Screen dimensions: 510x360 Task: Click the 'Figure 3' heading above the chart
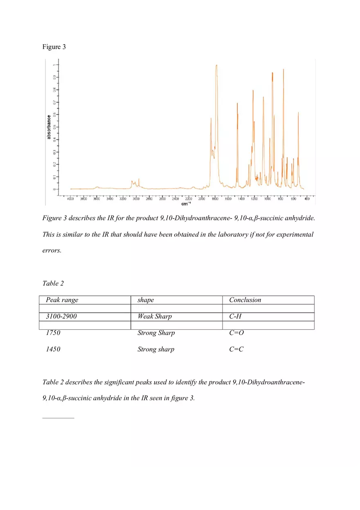pyautogui.click(x=54, y=47)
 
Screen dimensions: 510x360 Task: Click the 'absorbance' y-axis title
pyautogui.click(x=49, y=127)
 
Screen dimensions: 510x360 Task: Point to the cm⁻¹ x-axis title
pyautogui.click(x=185, y=203)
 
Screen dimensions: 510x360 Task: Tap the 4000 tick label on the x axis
pyautogui.click(x=70, y=199)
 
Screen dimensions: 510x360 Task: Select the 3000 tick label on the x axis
pyautogui.click(x=136, y=199)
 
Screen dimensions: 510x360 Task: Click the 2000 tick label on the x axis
pyautogui.click(x=201, y=199)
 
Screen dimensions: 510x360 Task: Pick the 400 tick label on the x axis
pyautogui.click(x=307, y=199)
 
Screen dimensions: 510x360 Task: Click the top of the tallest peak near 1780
pyautogui.click(x=216, y=65)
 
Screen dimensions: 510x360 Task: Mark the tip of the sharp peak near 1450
pyautogui.click(x=237, y=103)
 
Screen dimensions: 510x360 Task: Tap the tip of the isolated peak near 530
pyautogui.click(x=298, y=112)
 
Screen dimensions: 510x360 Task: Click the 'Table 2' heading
pyautogui.click(x=53, y=283)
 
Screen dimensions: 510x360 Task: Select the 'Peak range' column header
pyautogui.click(x=62, y=300)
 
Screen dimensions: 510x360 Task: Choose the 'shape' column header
pyautogui.click(x=146, y=300)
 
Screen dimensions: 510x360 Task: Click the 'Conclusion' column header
pyautogui.click(x=245, y=300)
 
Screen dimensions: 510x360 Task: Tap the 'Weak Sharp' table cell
pyautogui.click(x=155, y=317)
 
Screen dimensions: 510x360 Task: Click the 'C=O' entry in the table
pyautogui.click(x=236, y=333)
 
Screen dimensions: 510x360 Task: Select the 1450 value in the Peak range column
pyautogui.click(x=53, y=349)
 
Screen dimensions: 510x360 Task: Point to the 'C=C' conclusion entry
pyautogui.click(x=236, y=349)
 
